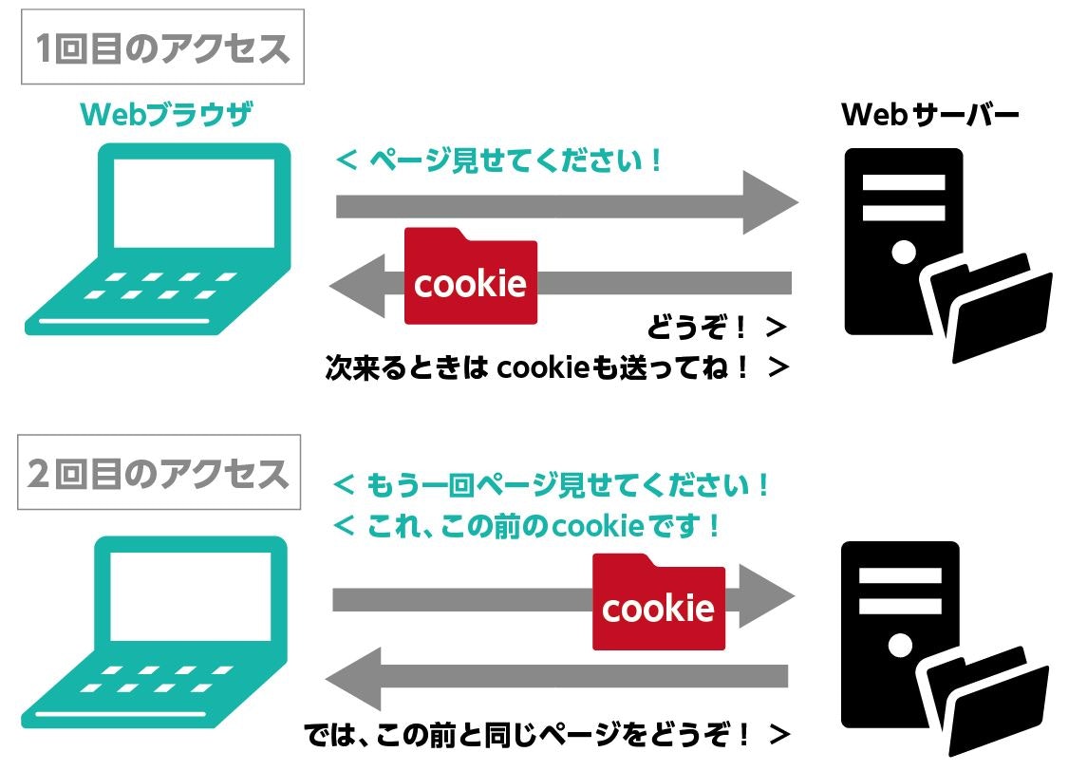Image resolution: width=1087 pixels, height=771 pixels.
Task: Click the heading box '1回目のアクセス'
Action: click(162, 47)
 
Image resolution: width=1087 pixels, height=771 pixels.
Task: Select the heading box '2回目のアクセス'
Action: click(159, 472)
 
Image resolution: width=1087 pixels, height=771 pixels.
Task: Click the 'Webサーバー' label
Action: click(930, 117)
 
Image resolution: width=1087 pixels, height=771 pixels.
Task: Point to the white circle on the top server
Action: click(904, 252)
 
